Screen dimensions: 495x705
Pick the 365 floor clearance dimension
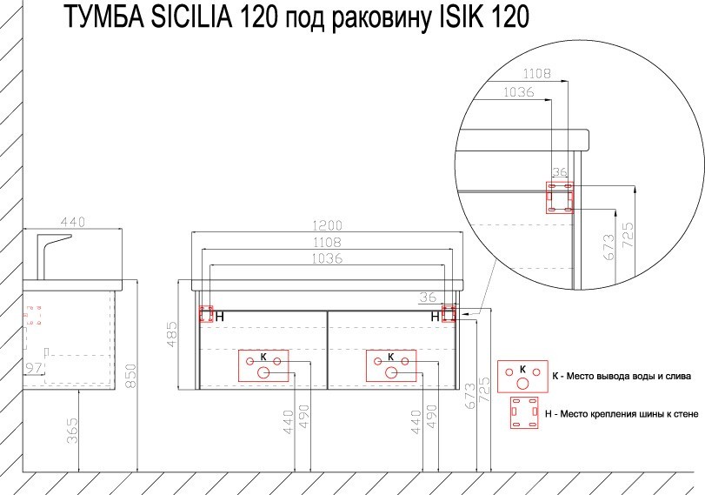[73, 431]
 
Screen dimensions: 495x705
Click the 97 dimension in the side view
[34, 368]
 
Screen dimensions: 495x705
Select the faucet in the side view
[55, 251]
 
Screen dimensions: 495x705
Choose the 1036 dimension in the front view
[329, 258]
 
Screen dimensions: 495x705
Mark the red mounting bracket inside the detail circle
[559, 197]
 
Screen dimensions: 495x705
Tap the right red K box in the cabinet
[390, 365]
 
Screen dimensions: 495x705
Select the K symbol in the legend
[522, 375]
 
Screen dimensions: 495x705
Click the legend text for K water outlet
[622, 377]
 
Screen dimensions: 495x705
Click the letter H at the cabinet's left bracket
[220, 317]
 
